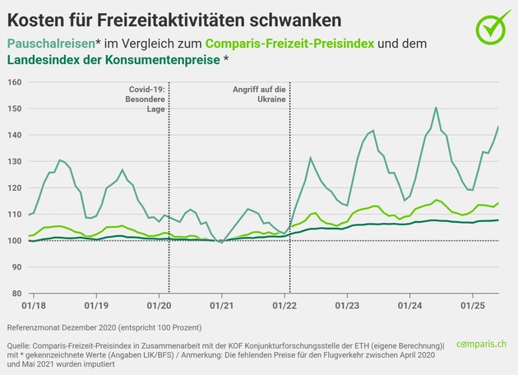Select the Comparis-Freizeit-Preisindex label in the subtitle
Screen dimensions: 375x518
[x=283, y=42]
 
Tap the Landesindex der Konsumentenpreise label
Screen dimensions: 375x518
[x=116, y=60]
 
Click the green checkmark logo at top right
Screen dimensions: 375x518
[x=493, y=28]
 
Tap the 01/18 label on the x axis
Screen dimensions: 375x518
[x=34, y=306]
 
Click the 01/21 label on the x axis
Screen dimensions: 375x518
[x=221, y=306]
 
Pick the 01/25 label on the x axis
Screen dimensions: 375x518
[x=472, y=306]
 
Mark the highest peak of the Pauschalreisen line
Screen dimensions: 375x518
[x=435, y=108]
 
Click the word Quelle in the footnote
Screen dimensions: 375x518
[x=18, y=345]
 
